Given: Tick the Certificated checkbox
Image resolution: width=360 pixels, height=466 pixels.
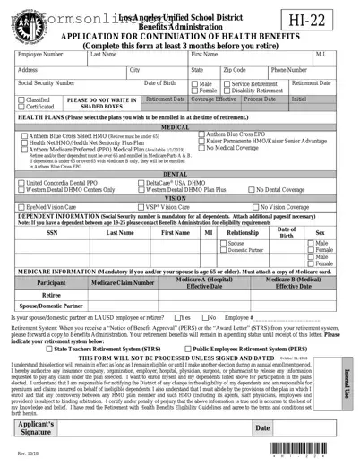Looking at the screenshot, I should (21, 107).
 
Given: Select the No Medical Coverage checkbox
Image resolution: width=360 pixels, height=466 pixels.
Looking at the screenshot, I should (202, 148).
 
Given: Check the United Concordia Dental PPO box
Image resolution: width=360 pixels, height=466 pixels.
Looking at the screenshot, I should (21, 182).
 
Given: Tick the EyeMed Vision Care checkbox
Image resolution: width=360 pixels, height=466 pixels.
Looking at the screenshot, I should (21, 206).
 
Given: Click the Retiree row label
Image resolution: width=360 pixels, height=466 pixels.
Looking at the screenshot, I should (51, 293).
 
